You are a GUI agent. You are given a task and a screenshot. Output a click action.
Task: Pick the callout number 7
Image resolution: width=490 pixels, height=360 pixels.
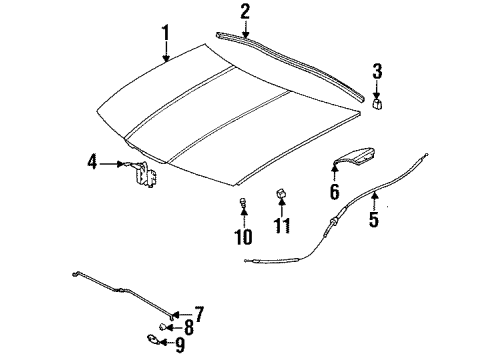pyautogui.click(x=198, y=313)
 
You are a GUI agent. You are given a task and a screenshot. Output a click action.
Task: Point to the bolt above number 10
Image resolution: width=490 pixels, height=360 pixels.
pyautogui.click(x=243, y=207)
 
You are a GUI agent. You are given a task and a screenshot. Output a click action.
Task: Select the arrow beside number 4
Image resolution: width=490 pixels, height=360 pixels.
pyautogui.click(x=114, y=162)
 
